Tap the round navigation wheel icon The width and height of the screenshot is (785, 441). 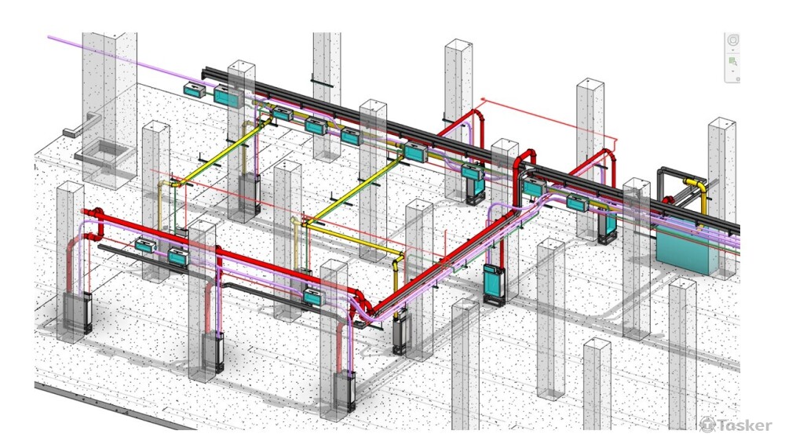[733, 41]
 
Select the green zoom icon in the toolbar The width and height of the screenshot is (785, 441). [733, 60]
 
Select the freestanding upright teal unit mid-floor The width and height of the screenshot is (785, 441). [494, 282]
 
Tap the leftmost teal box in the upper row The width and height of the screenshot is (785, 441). [192, 90]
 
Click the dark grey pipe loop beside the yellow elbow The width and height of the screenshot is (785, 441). [667, 184]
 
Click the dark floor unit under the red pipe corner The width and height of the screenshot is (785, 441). [403, 333]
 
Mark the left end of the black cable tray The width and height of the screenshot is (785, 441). [206, 71]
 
